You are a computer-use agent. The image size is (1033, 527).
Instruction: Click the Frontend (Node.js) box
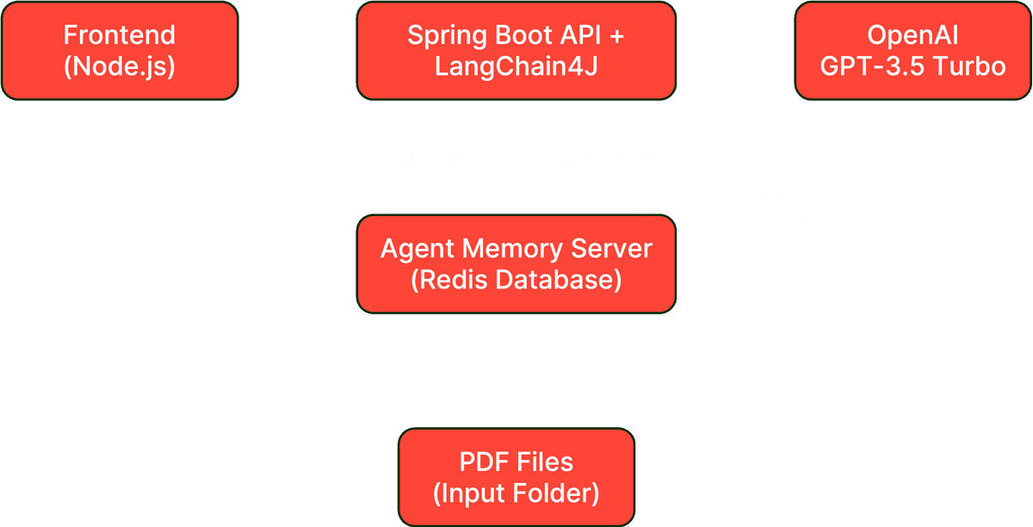pos(120,51)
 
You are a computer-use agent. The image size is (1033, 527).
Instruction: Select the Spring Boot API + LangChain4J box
pos(516,51)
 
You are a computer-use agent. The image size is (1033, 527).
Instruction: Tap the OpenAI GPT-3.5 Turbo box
pos(912,51)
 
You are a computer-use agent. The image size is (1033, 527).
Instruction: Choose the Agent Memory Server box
pos(516,263)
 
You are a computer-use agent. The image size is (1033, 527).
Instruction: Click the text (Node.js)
pos(120,66)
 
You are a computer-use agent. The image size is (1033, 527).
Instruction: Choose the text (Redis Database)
pos(516,280)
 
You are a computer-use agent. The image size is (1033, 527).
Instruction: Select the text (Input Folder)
pos(516,493)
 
